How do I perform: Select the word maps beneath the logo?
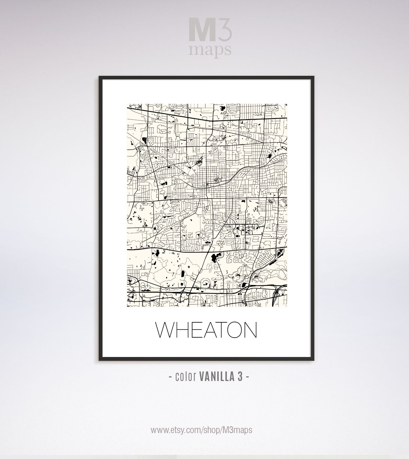point(210,50)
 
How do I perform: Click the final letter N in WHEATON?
point(251,330)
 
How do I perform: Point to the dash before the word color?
point(170,377)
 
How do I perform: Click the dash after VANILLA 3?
point(247,377)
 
